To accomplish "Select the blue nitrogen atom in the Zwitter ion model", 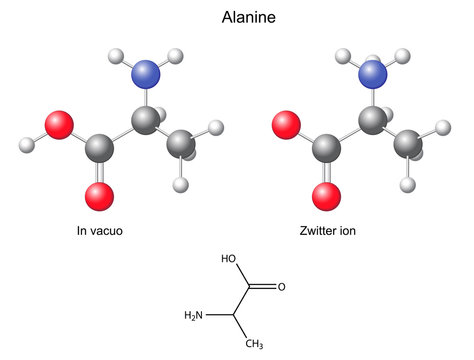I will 374,73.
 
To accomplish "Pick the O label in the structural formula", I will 281,288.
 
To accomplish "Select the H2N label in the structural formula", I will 196,316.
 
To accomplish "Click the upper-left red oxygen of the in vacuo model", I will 61,125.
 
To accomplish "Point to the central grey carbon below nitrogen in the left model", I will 146,123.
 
